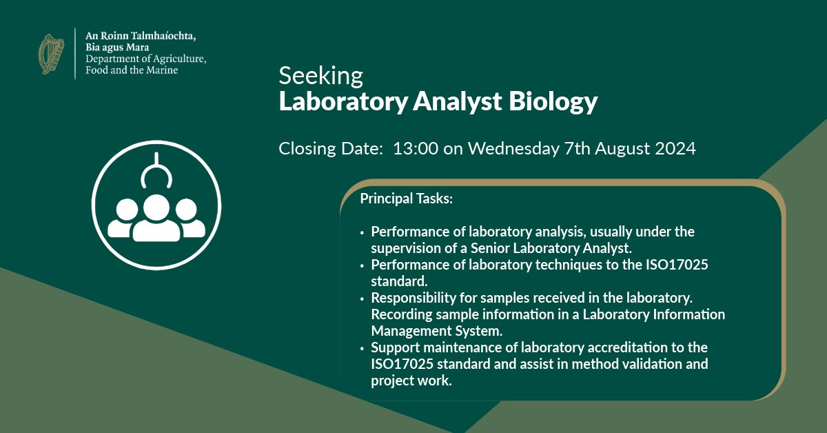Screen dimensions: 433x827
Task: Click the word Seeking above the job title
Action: coord(320,75)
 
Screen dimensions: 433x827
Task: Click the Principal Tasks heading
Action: coord(406,199)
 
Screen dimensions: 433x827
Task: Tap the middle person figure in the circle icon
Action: coord(156,219)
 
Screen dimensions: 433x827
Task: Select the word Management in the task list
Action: coord(409,331)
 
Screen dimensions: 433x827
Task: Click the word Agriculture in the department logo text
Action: coord(175,59)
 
